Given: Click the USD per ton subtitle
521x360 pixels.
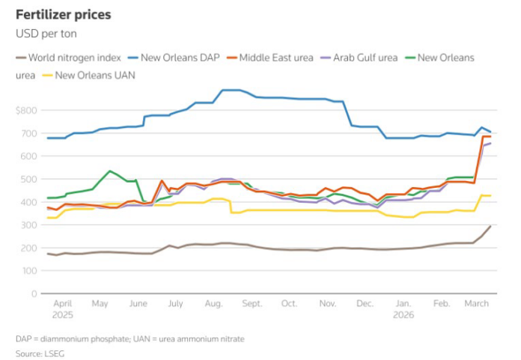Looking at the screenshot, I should tap(46, 34).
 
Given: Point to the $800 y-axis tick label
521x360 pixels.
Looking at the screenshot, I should tap(25, 111).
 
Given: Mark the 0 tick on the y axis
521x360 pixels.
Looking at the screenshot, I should tap(33, 294).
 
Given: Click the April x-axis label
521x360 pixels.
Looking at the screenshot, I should tap(63, 304).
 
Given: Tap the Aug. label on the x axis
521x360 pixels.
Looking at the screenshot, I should tap(213, 304).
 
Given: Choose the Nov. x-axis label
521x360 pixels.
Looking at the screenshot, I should tap(327, 304).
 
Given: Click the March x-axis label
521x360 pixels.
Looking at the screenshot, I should tap(477, 304).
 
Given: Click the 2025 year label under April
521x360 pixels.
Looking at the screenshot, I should tap(63, 315).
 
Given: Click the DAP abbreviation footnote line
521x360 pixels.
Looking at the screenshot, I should tap(130, 339).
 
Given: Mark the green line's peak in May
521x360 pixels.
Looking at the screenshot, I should tap(110, 171).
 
